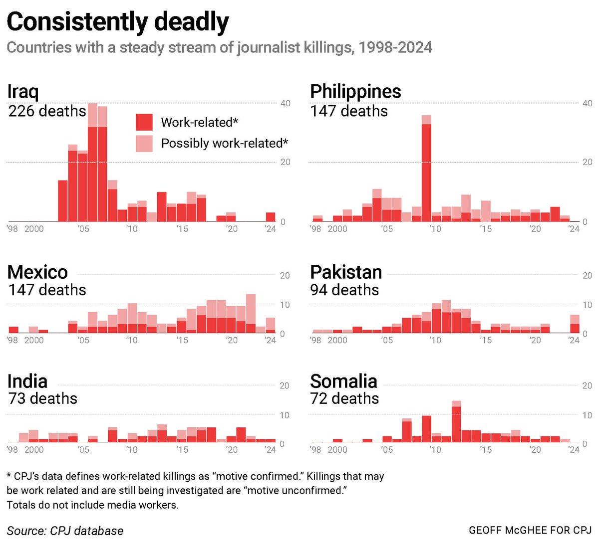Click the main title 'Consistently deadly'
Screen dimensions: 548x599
coord(118,22)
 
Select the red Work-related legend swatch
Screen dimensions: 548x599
coord(144,122)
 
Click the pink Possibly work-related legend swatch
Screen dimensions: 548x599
coord(144,144)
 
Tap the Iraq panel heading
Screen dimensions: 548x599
coord(23,92)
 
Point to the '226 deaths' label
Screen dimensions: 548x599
coord(47,111)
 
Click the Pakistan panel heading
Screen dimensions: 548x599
coord(346,272)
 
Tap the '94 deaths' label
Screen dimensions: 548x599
coord(344,290)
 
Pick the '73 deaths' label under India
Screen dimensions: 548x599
coord(43,398)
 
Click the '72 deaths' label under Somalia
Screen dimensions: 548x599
coord(344,398)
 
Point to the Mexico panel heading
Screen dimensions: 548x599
coord(37,272)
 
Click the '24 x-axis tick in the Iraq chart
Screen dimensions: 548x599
coord(270,229)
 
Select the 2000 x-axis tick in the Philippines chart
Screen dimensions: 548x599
coord(337,229)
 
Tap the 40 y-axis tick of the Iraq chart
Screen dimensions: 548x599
coord(285,103)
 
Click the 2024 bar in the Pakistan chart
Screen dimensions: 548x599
coord(575,324)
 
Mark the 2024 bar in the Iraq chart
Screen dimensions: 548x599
coord(270,217)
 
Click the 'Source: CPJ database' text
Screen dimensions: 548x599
coord(65,531)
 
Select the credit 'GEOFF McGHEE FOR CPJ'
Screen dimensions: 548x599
coord(530,530)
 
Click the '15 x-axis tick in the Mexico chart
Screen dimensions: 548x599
coord(182,340)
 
